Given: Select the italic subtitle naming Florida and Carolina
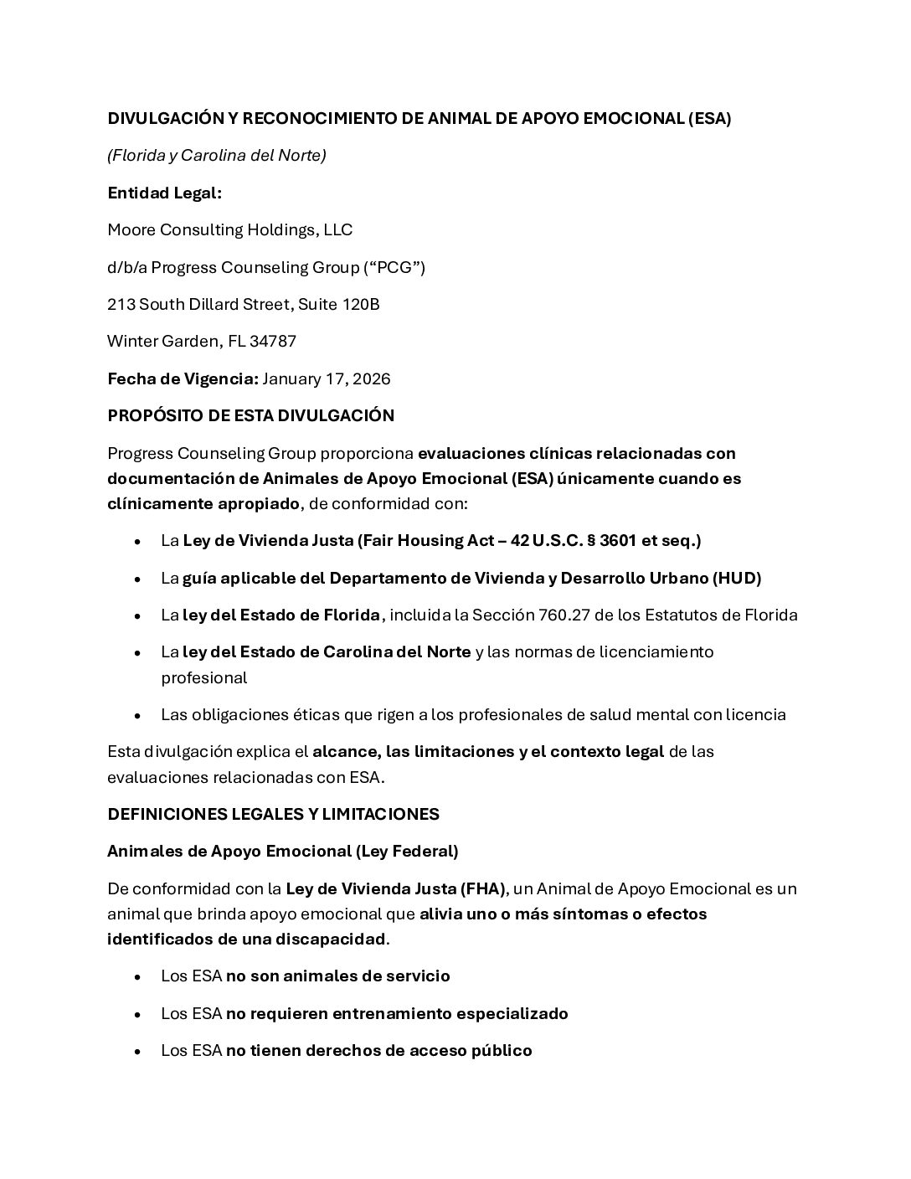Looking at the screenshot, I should tap(216, 156).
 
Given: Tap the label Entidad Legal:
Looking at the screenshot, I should tap(164, 193).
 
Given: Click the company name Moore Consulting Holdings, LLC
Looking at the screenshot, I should tap(229, 230).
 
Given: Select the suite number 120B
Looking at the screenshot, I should tap(361, 305).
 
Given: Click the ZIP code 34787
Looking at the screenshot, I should tap(273, 342).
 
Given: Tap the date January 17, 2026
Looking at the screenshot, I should tap(327, 379).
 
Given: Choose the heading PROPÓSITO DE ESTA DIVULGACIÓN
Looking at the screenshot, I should tap(250, 416).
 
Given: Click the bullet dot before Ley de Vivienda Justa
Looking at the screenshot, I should tap(137, 542).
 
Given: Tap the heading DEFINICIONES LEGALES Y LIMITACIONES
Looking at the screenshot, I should tap(273, 815).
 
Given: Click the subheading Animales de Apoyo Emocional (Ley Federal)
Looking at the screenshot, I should tap(282, 852).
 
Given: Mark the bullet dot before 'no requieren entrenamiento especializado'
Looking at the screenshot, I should tap(137, 1014).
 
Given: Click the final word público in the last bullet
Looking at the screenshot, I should tap(502, 1051).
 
